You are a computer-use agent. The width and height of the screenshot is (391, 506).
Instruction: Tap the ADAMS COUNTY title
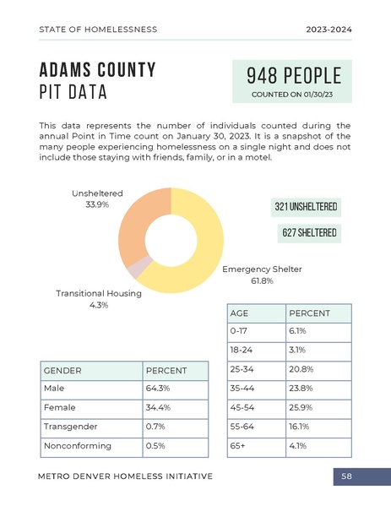pos(97,70)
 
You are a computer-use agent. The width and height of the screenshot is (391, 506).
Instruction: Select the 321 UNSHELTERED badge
pos(307,207)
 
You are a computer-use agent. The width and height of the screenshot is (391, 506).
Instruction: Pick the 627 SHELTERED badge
pos(309,233)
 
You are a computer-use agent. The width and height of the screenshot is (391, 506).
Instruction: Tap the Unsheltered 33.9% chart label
pos(97,199)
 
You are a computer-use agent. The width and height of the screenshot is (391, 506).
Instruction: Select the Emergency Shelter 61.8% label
pos(262,275)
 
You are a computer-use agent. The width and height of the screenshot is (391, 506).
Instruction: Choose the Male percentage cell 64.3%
pos(159,389)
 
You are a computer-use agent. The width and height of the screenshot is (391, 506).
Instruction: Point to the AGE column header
pos(239,313)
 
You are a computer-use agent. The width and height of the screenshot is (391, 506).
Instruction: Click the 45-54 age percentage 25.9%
pos(302,407)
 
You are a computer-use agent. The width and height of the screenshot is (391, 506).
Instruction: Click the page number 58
pos(346,476)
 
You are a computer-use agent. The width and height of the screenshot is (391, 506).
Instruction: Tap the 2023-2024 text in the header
pos(329,30)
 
